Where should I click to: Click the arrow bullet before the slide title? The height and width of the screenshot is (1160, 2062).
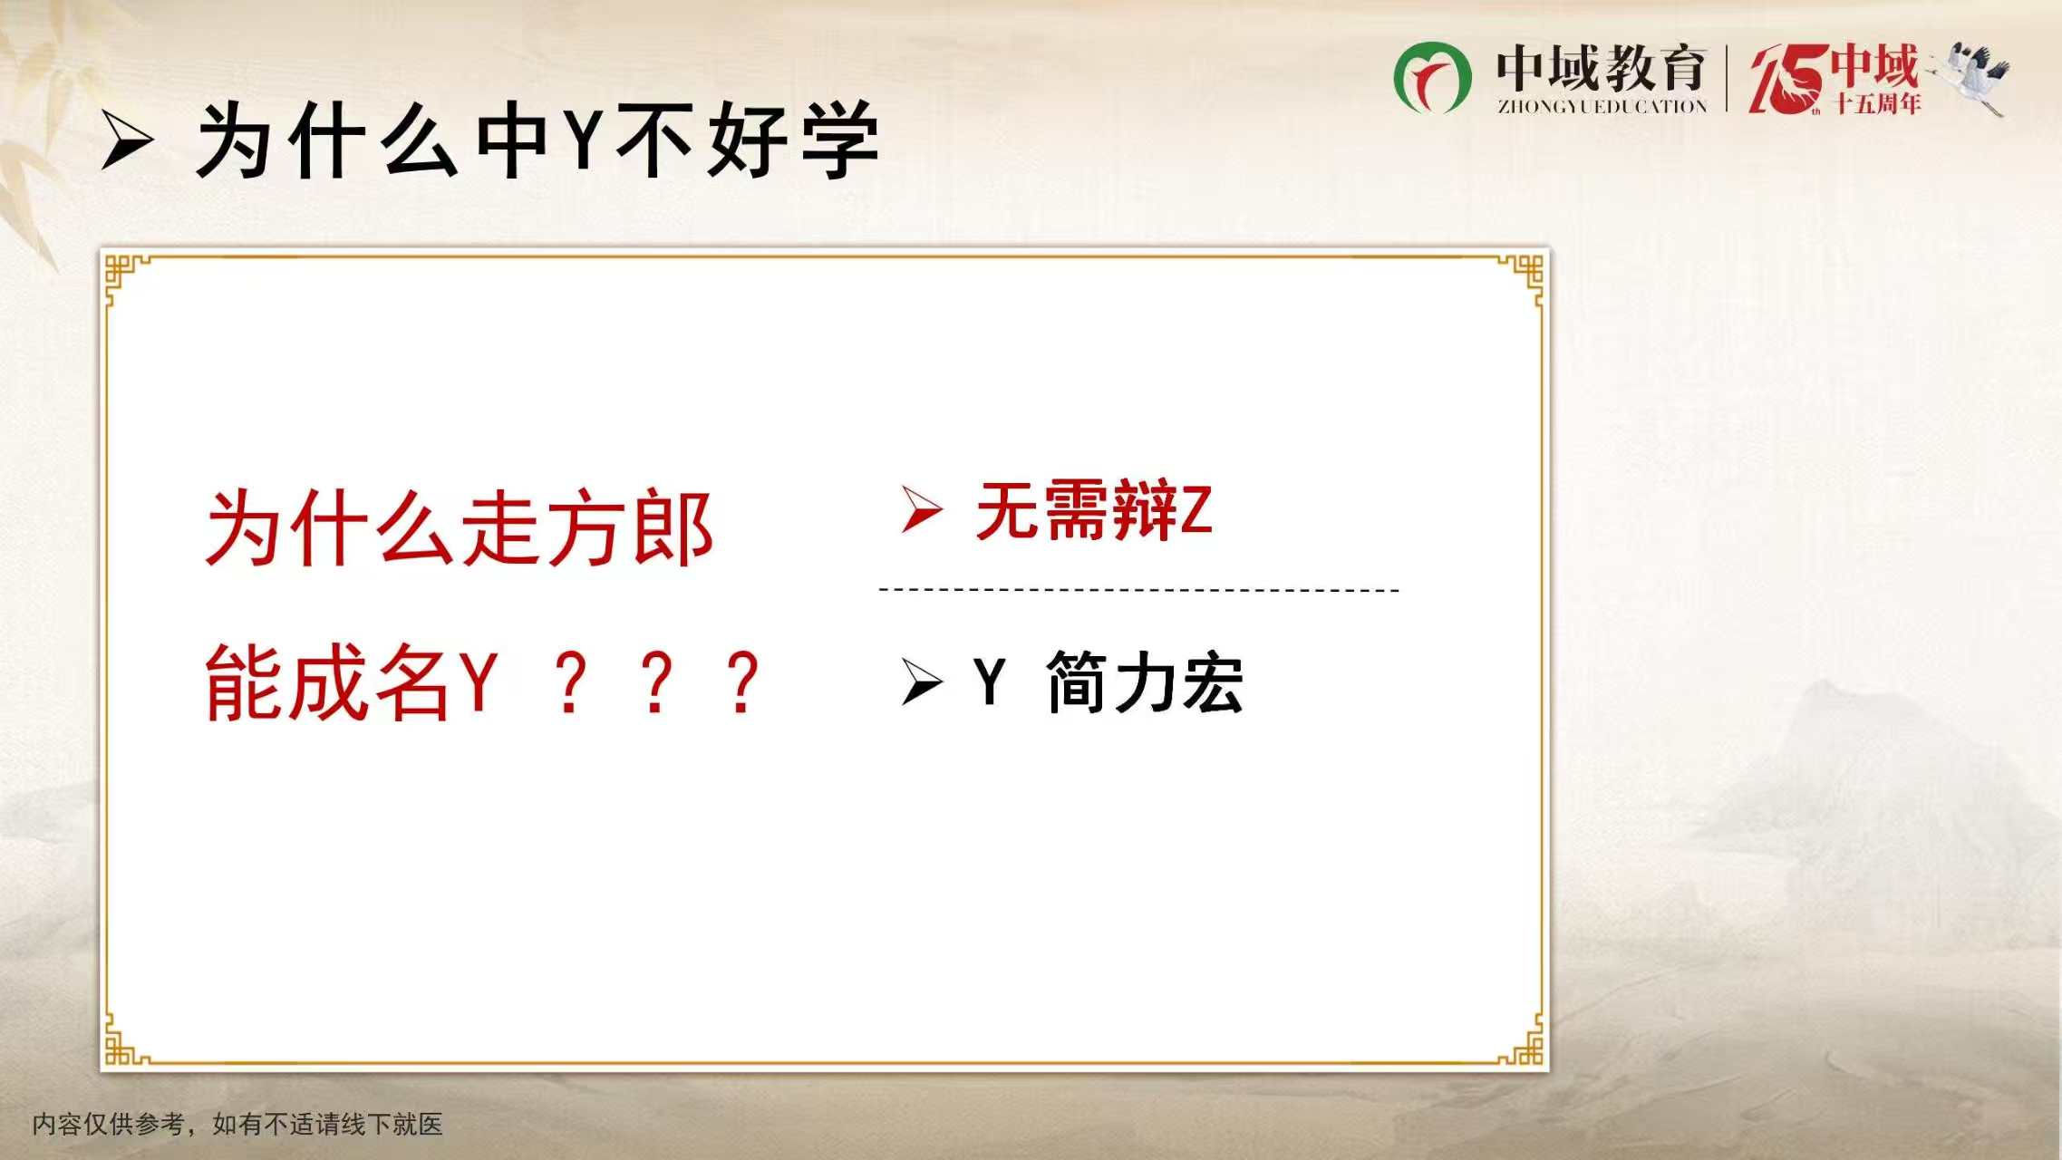pos(127,140)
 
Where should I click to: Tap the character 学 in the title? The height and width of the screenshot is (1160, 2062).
pos(839,140)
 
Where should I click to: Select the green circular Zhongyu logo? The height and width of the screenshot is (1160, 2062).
pos(1432,78)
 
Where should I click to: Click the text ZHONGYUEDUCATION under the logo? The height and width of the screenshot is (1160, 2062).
pos(1602,107)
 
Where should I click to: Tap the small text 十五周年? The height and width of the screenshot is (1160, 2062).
pos(1878,103)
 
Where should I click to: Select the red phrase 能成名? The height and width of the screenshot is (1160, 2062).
pos(328,683)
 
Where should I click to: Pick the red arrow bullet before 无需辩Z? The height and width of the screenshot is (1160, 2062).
pos(923,509)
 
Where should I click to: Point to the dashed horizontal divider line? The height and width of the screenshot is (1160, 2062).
pos(1139,590)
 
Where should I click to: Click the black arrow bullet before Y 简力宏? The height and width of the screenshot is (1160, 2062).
pos(923,682)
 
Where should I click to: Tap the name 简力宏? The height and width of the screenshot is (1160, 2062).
pos(1145,682)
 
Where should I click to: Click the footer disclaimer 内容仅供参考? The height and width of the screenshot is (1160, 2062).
pos(109,1125)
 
